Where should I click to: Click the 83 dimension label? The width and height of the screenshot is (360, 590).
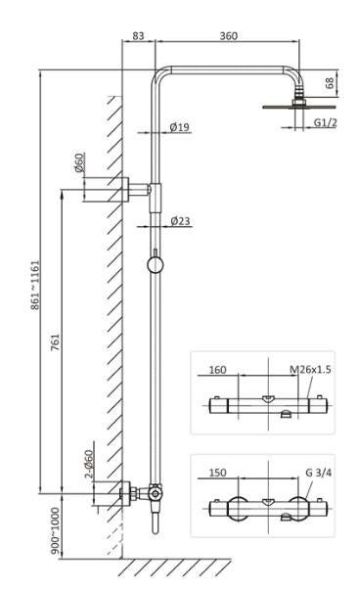(x=138, y=36)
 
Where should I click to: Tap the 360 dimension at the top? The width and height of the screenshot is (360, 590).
(x=228, y=36)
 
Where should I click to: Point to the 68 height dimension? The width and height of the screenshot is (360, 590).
(x=329, y=83)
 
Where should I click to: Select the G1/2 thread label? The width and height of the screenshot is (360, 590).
(x=326, y=122)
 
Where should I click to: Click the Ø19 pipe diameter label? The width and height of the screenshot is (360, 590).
(x=179, y=127)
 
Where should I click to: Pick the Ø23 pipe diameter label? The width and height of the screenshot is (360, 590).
(x=180, y=221)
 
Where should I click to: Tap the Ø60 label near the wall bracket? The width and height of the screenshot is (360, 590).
(x=80, y=162)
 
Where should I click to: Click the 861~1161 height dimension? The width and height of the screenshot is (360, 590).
(x=35, y=285)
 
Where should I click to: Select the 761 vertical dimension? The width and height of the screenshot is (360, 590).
(x=56, y=342)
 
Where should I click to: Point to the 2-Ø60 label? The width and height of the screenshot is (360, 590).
(x=89, y=464)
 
